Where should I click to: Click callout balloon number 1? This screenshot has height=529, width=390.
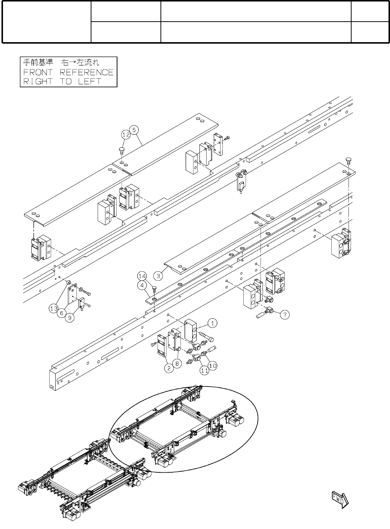[x=212, y=323]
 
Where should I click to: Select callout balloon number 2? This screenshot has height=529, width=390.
[x=169, y=368]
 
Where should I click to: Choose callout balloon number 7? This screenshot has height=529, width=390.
[x=285, y=314]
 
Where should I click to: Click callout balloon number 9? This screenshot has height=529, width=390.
[x=70, y=317]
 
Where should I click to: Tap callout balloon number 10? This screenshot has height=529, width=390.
[x=212, y=366]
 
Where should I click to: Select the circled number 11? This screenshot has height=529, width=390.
[x=204, y=370]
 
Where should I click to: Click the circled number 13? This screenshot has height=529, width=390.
[x=54, y=309]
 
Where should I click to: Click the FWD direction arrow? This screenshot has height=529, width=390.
[x=340, y=499]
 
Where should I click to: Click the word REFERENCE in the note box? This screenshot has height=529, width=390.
[x=87, y=72]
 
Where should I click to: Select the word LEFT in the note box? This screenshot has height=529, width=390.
[x=90, y=81]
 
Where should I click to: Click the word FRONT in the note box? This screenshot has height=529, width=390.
[x=38, y=72]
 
